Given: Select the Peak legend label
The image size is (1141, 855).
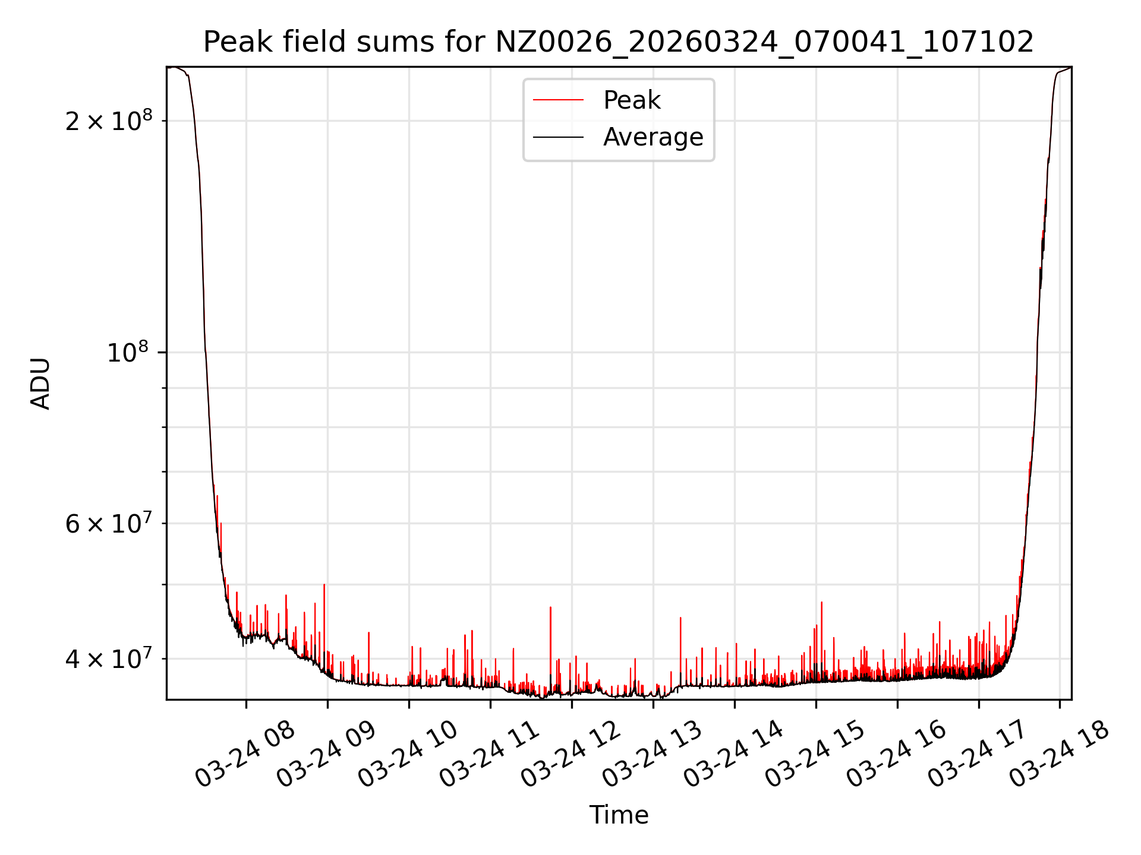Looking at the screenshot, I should click(x=631, y=100).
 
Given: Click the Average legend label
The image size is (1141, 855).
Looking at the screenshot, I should click(x=653, y=137).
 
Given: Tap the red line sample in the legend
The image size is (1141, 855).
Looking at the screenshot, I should click(x=558, y=100).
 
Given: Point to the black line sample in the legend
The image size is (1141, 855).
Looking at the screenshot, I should click(x=558, y=137).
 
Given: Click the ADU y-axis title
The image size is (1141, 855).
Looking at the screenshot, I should click(x=40, y=384).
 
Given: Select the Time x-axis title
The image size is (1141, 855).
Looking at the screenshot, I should click(x=618, y=815).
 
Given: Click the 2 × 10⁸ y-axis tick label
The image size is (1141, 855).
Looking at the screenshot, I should click(x=109, y=121).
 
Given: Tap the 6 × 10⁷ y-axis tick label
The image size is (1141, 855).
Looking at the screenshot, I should click(x=109, y=524).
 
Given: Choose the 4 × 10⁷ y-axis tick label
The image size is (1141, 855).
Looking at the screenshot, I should click(x=109, y=658).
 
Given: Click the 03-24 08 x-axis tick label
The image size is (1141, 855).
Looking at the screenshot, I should click(x=245, y=754).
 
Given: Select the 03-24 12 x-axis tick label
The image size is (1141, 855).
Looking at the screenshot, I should click(x=570, y=754).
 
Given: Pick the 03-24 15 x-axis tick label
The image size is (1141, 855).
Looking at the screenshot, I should click(x=815, y=754).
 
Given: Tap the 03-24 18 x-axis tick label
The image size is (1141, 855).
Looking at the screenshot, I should click(x=1059, y=754).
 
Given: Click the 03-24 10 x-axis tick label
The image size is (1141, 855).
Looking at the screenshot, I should click(x=408, y=754).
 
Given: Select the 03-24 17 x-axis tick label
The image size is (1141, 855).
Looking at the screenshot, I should click(x=978, y=754).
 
